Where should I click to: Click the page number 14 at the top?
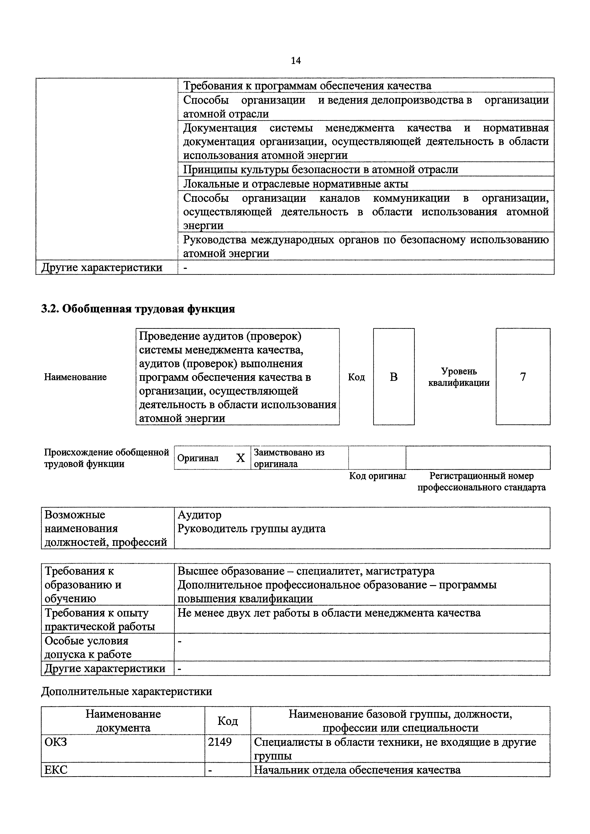(296, 61)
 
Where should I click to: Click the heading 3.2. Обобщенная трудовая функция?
(138, 309)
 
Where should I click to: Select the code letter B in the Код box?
(394, 377)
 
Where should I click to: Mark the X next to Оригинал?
(240, 458)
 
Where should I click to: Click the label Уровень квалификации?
(459, 377)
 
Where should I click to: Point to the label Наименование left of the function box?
(76, 377)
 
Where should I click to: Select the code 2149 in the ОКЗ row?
(219, 742)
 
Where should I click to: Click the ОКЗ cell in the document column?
(56, 742)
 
